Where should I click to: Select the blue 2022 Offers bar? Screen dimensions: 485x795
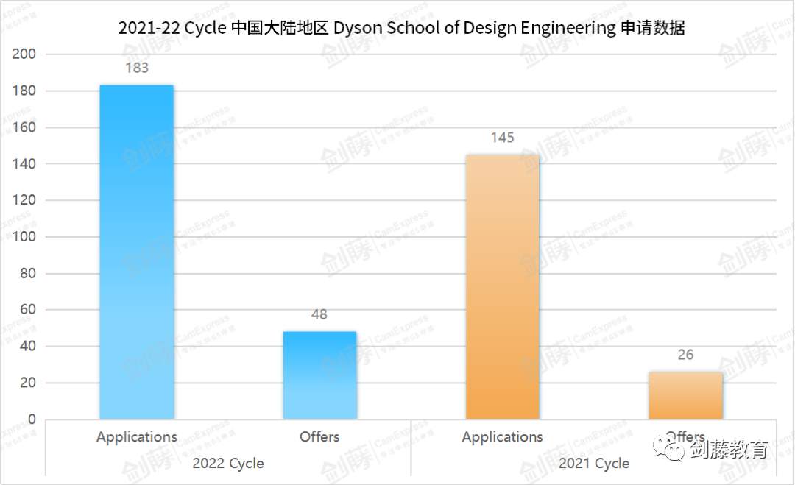319,375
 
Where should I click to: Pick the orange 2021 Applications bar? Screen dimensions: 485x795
503,287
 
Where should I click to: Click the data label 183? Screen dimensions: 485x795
137,68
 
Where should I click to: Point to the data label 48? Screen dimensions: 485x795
319,314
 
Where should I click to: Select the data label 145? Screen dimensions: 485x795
503,138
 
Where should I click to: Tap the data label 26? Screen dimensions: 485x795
685,355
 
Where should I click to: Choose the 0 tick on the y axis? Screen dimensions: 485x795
32,419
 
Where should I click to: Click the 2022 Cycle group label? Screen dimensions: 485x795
228,464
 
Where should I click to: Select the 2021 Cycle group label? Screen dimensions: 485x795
594,464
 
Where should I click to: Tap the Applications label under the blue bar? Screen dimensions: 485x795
137,436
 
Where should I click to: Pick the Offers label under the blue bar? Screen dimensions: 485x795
319,436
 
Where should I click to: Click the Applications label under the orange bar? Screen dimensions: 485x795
503,436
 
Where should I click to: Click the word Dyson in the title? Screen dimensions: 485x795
358,29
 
